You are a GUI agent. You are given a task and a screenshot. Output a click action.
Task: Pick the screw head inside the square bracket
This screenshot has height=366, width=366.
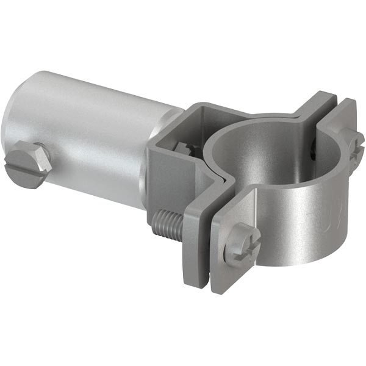point(182,150)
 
